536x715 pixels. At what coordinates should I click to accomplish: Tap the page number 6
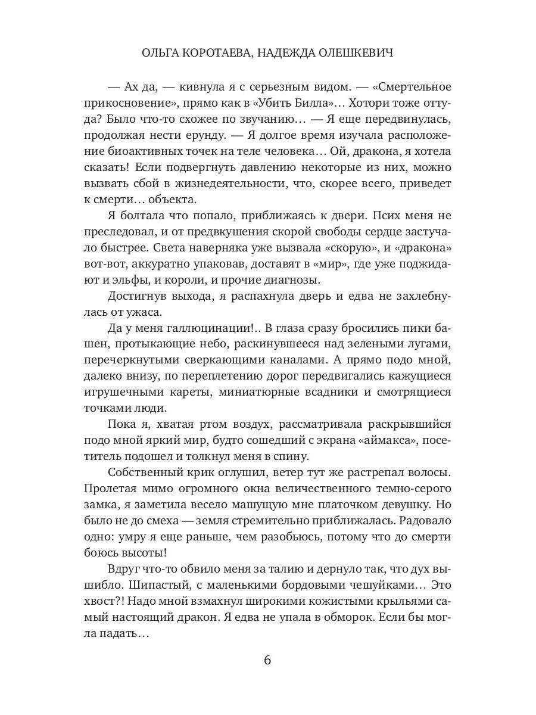267,660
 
